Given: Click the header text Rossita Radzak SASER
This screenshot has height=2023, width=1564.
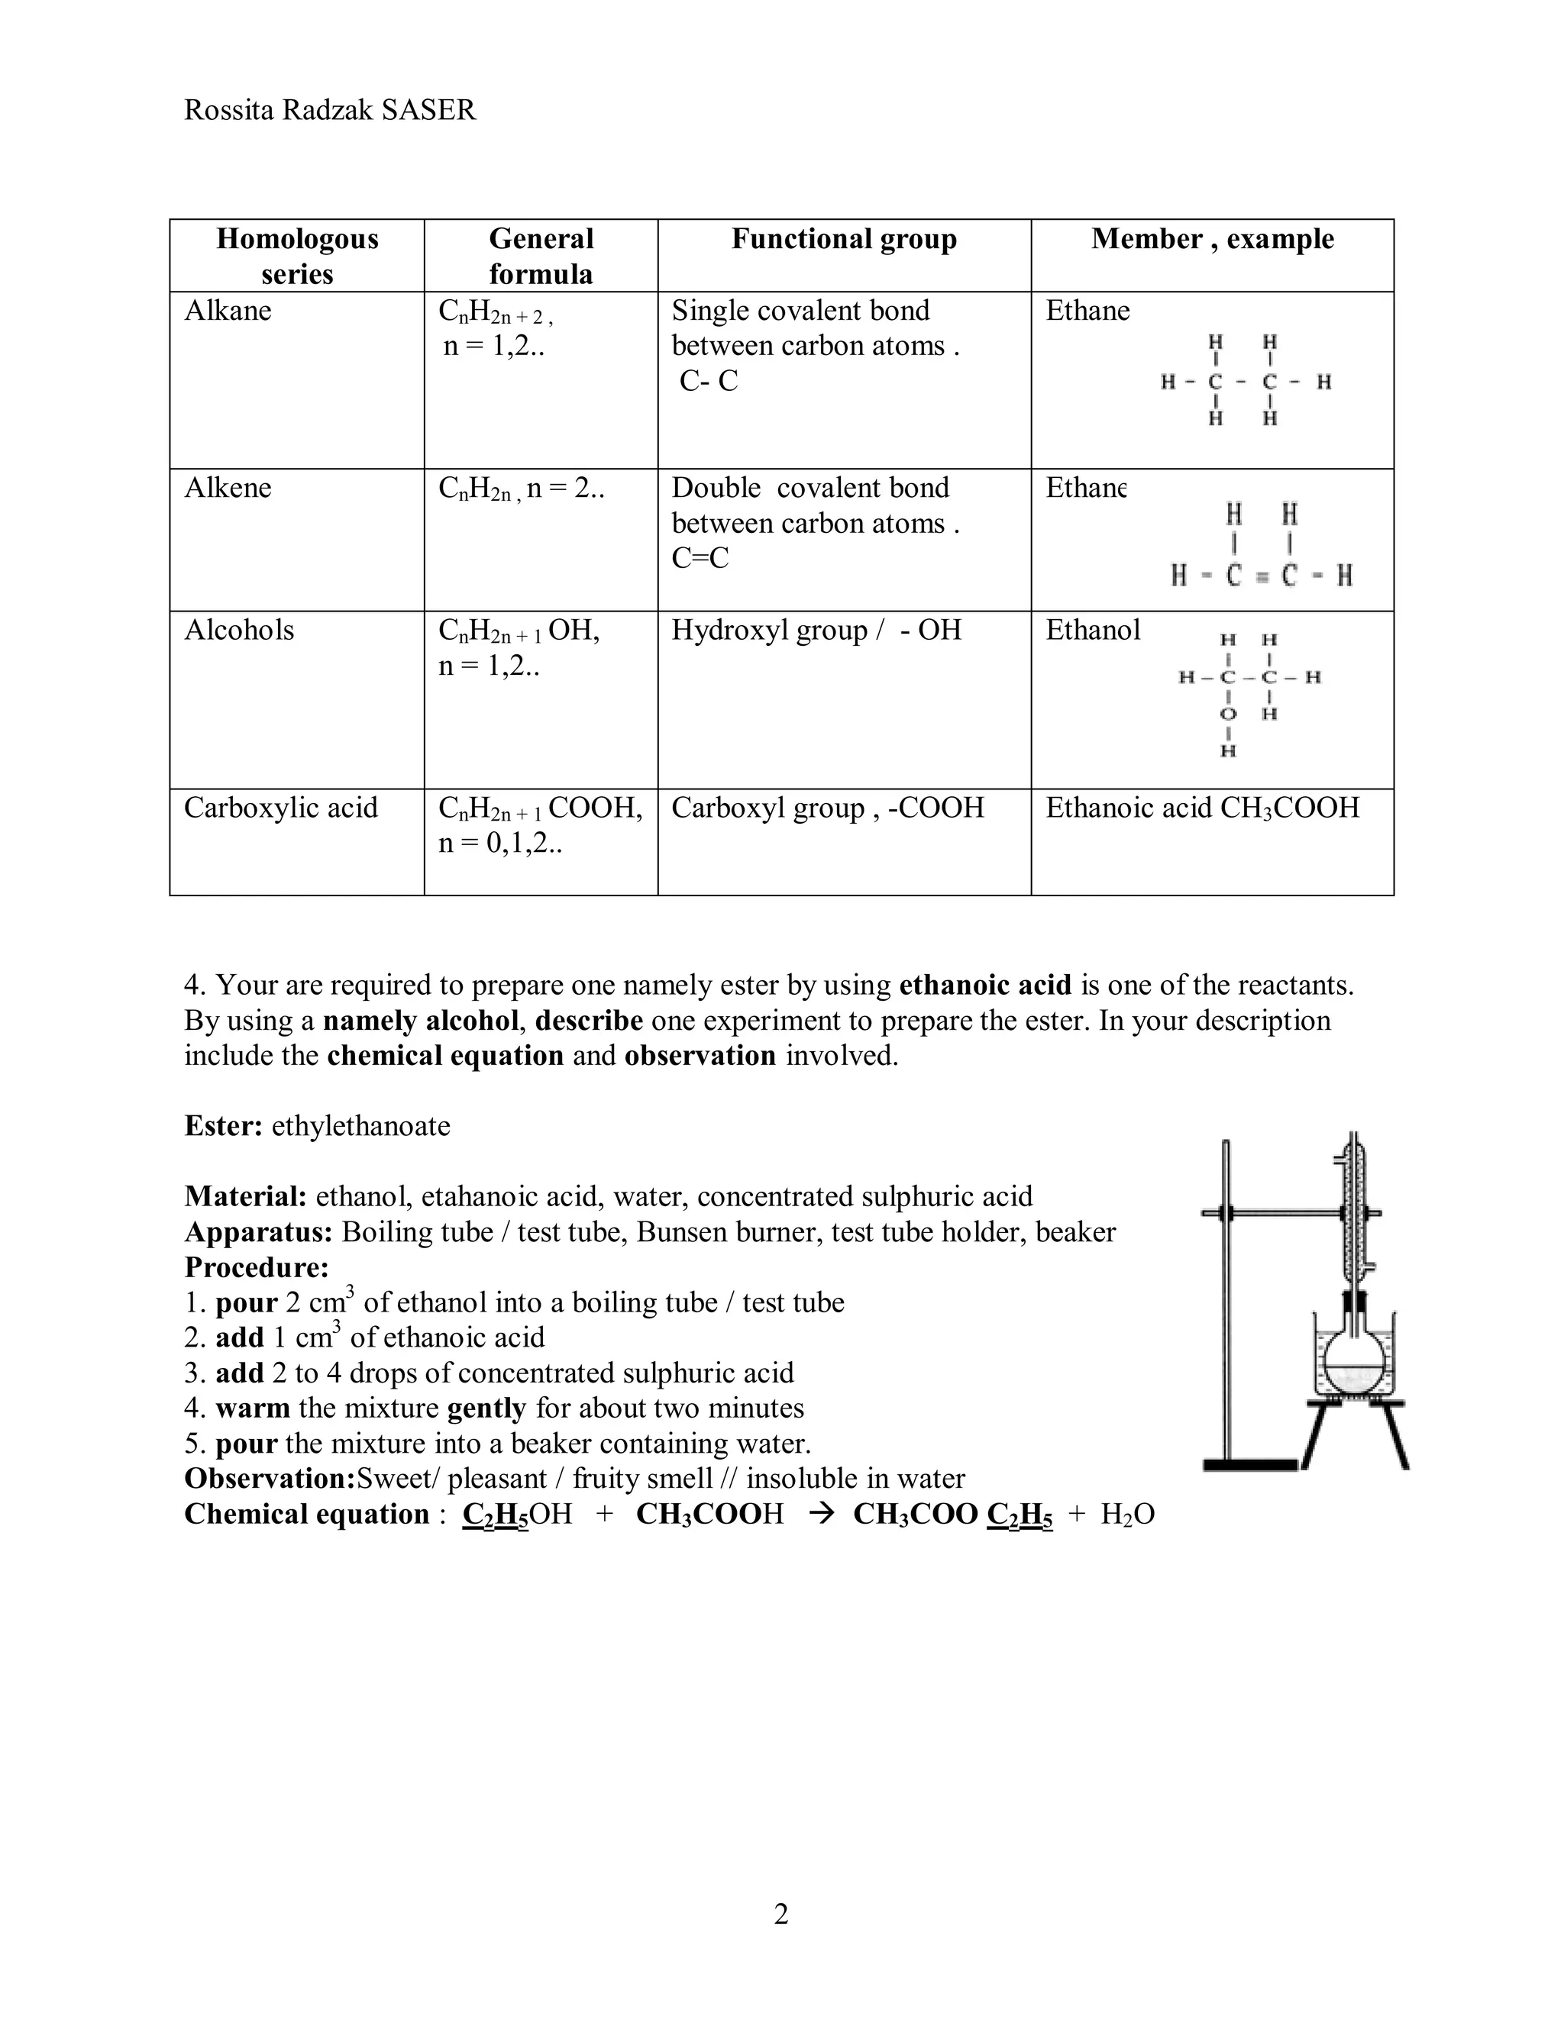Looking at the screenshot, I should coord(330,110).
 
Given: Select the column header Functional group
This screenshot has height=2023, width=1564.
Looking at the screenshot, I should coord(843,239).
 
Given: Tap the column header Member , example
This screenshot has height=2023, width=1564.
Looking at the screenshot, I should coord(1212,239).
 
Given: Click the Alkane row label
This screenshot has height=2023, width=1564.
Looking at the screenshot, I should coord(228,310).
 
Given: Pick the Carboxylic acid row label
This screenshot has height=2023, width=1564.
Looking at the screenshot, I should coord(281,808).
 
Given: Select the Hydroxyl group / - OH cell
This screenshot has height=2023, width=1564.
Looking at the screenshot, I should coord(816,630).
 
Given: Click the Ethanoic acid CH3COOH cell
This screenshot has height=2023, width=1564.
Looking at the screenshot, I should coord(1202,808).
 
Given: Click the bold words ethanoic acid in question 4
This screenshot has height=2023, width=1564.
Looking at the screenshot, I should coord(985,985).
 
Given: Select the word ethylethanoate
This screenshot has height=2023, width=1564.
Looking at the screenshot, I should coord(360,1125).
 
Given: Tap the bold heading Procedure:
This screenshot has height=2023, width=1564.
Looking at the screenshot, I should coord(257,1267).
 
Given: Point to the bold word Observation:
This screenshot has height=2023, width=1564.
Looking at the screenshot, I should coord(270,1479).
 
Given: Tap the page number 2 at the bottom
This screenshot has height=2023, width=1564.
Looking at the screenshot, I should coord(781,1914).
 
